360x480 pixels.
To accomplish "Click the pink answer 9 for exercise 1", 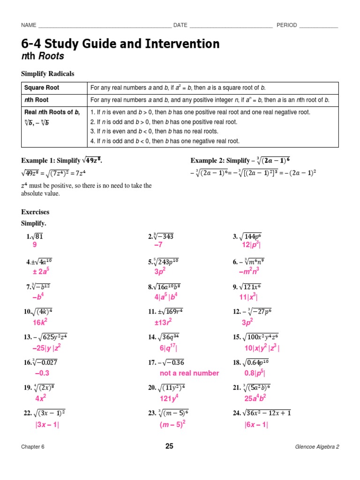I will (x=35, y=245).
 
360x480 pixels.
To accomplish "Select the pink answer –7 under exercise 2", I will (x=158, y=245).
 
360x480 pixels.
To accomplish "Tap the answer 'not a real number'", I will (x=189, y=373).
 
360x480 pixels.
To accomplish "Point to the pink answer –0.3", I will (x=42, y=373).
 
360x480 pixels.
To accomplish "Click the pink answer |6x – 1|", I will (x=256, y=425).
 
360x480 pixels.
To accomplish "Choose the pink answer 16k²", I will (x=40, y=322).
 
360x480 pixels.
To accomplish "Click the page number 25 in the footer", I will (x=169, y=446).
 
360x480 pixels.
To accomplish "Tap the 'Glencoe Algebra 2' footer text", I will (x=317, y=447).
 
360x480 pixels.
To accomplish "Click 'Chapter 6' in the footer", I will (x=33, y=447).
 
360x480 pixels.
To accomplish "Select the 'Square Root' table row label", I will (x=42, y=88).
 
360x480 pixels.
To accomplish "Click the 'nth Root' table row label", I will (x=37, y=100).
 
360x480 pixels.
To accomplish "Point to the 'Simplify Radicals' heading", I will (x=48, y=74).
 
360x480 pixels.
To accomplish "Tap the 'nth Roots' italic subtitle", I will (x=43, y=57).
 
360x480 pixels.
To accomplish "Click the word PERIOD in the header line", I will (x=286, y=25).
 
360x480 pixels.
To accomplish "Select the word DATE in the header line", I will (x=180, y=25).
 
